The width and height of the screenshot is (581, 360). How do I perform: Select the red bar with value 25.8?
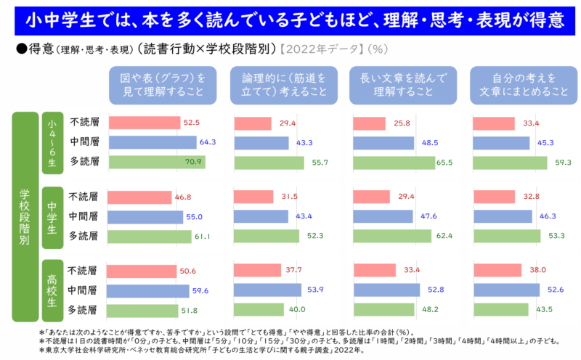pyautogui.click(x=369, y=123)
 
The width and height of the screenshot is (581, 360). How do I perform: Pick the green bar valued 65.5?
pyautogui.click(x=393, y=163)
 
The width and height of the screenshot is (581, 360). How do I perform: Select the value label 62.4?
pyautogui.click(x=444, y=236)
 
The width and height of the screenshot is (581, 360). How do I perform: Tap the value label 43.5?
pyautogui.click(x=543, y=310)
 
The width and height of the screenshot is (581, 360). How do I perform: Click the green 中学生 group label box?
pyautogui.click(x=51, y=216)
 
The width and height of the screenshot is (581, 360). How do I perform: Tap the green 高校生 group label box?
pyautogui.click(x=51, y=290)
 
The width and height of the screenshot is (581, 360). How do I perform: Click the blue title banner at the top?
pyautogui.click(x=290, y=20)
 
